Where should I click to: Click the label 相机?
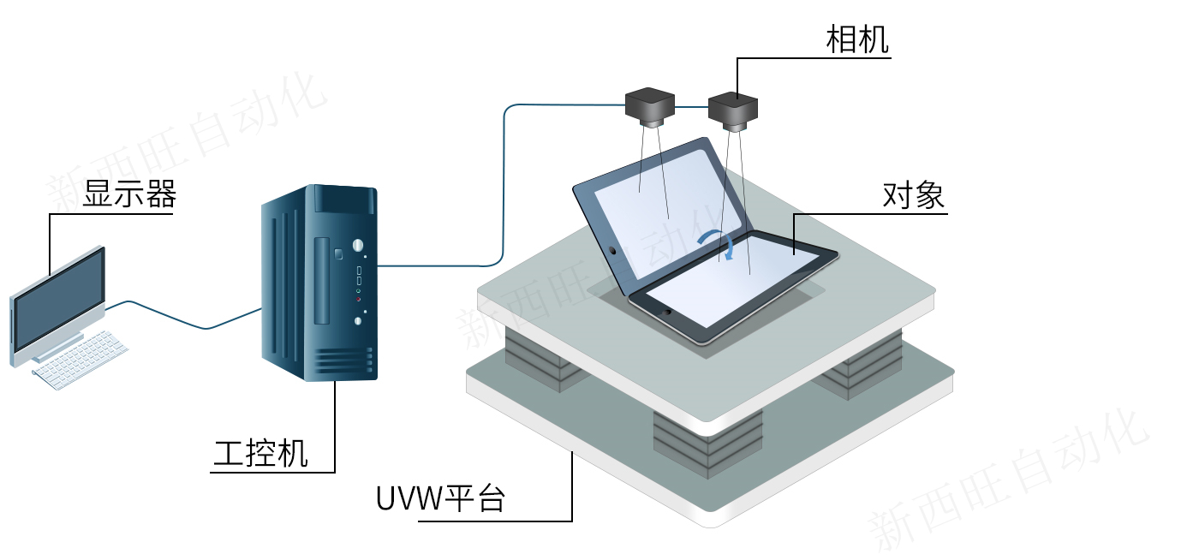coord(857,39)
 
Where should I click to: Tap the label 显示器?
coord(128,195)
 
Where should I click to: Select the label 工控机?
coord(260,453)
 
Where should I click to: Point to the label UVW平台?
coord(440,498)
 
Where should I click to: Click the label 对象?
coord(913,196)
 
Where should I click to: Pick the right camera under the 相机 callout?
coord(733,109)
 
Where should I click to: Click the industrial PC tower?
coord(319,283)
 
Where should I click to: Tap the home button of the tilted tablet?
coord(614,250)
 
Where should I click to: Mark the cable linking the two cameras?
coord(692,107)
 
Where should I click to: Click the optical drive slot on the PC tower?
coord(322,282)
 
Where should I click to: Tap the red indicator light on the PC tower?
coord(358,301)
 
